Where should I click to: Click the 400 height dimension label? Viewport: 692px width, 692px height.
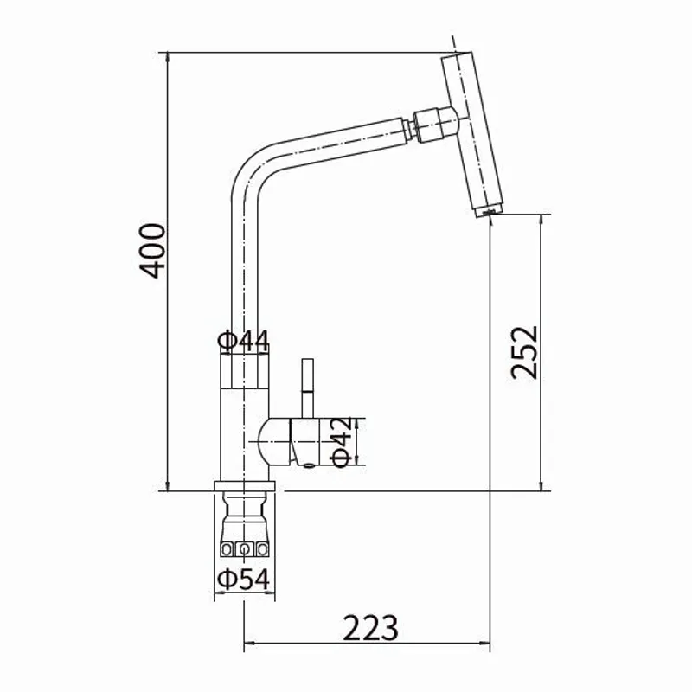pyautogui.click(x=152, y=251)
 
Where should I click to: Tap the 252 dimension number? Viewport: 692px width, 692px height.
pyautogui.click(x=524, y=353)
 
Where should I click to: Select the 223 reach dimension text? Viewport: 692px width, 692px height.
pyautogui.click(x=370, y=627)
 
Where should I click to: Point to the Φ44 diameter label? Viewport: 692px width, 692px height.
pyautogui.click(x=243, y=340)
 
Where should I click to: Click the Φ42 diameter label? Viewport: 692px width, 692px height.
pyautogui.click(x=342, y=441)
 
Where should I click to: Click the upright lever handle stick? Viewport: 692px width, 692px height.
pyautogui.click(x=308, y=388)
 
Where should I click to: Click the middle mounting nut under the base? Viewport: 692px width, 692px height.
pyautogui.click(x=244, y=549)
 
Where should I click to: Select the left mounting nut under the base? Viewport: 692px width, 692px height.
pyautogui.click(x=227, y=549)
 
